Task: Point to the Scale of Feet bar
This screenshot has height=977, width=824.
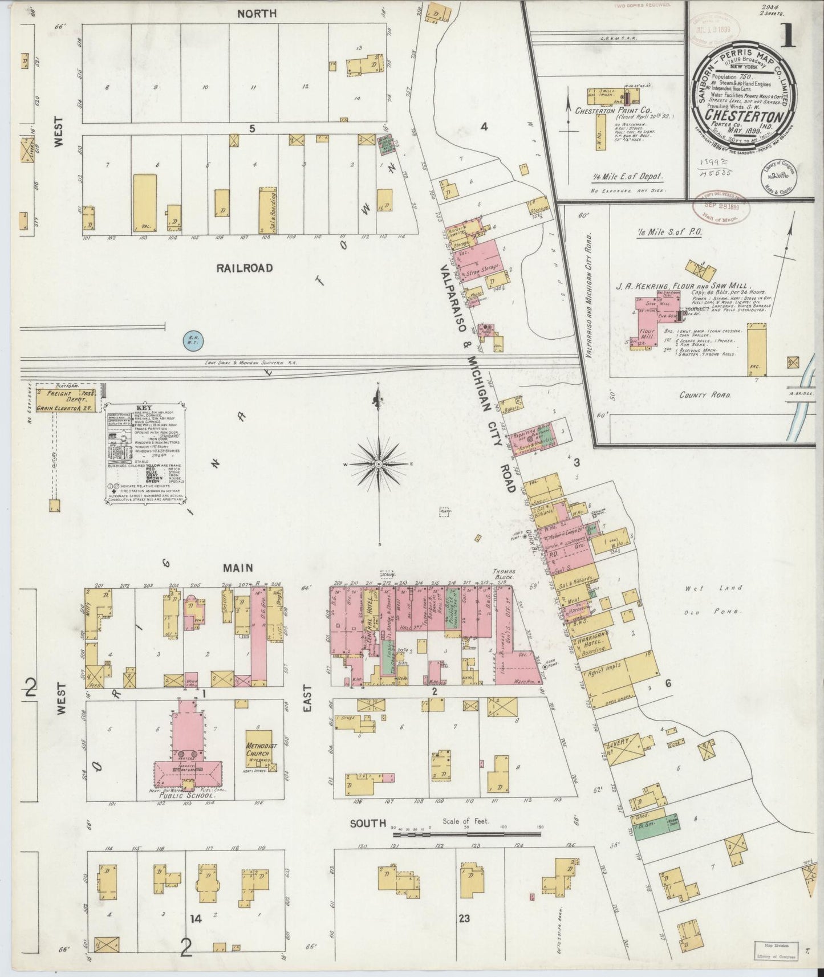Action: pos(466,834)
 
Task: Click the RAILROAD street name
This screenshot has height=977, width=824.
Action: pos(245,268)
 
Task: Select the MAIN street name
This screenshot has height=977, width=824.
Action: pos(238,568)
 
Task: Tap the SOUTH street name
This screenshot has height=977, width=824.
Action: pos(367,823)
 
